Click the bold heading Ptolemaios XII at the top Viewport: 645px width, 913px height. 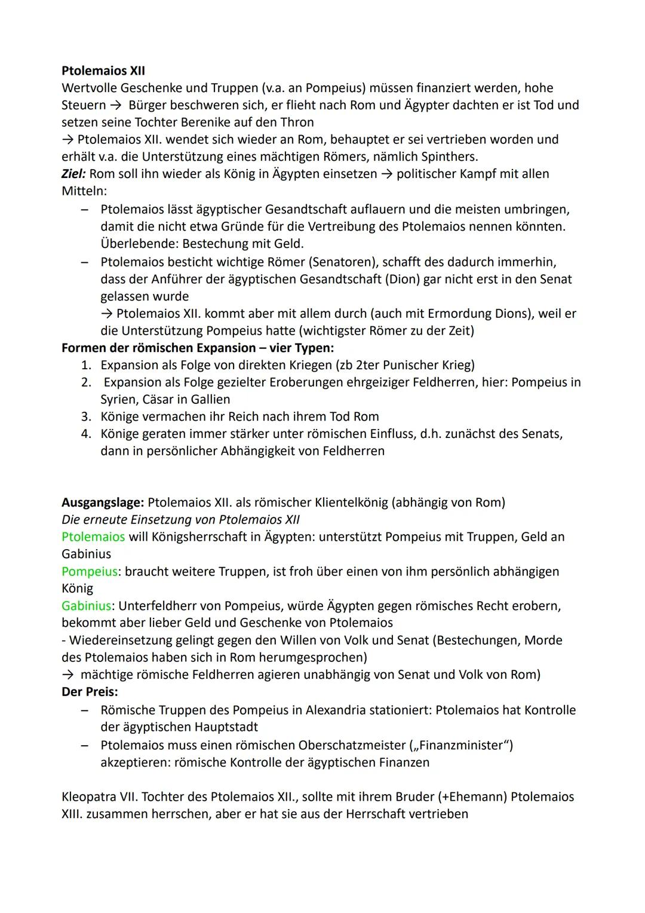[x=103, y=71]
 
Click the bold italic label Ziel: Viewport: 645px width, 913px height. [x=73, y=174]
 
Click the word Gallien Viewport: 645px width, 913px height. [x=210, y=399]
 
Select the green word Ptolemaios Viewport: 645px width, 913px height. [x=93, y=537]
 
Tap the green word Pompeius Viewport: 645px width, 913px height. [x=90, y=572]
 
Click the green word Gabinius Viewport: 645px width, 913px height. [x=87, y=606]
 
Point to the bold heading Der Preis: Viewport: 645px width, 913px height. [x=90, y=692]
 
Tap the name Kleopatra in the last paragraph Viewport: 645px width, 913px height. [x=90, y=797]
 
